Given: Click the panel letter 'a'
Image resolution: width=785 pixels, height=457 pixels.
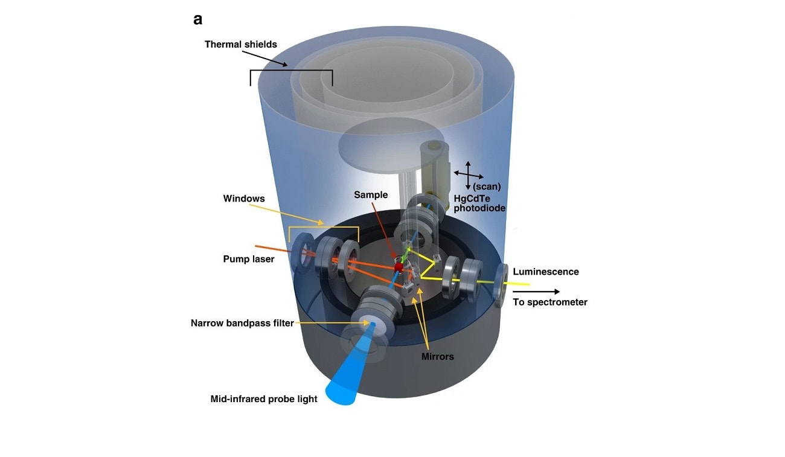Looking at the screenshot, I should click(x=197, y=20).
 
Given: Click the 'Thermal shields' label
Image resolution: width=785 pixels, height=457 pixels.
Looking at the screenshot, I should click(x=240, y=44).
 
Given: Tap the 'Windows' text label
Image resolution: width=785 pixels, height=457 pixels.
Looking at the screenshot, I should click(x=243, y=198).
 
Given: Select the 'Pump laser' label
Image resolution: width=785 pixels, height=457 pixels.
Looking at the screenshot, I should click(x=248, y=259).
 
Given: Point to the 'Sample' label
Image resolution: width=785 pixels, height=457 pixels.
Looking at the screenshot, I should click(x=371, y=195).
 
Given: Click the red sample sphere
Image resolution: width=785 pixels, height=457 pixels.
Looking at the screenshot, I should click(x=399, y=267).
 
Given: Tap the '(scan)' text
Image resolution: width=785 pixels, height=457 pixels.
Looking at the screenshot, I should click(x=486, y=187).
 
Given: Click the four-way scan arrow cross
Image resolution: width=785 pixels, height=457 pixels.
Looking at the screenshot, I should click(x=468, y=173).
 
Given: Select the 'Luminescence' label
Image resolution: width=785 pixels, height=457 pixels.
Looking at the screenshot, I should click(x=545, y=272).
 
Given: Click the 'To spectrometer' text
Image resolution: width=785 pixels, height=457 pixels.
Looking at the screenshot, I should click(x=549, y=302).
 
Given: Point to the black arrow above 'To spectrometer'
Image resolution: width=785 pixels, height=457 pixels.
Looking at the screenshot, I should click(x=536, y=292).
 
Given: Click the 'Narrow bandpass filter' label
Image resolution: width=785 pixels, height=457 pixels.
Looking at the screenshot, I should click(x=242, y=323).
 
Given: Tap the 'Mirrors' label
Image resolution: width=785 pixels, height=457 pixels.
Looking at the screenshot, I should click(x=437, y=356).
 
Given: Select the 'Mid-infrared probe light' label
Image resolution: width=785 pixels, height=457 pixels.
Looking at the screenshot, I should click(x=263, y=399).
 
